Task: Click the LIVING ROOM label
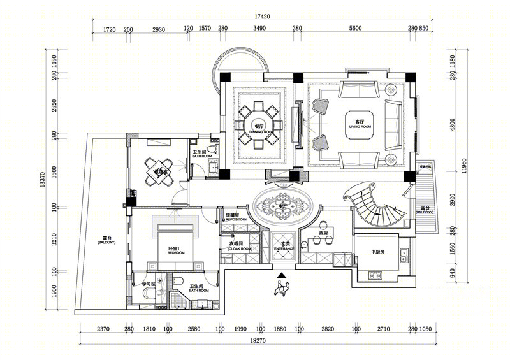point(360,127)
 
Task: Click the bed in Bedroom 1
point(173,245)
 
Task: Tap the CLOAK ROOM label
point(240,249)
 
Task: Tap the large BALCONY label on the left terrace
point(104,242)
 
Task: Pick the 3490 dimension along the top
point(260,29)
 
